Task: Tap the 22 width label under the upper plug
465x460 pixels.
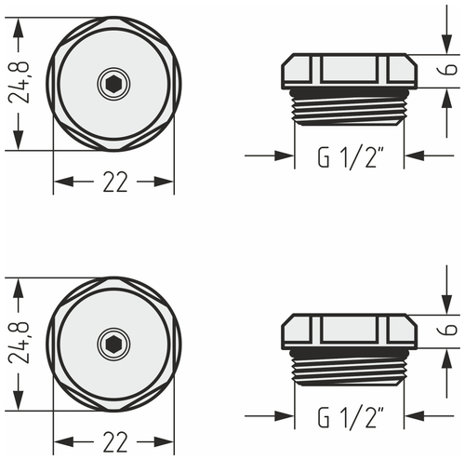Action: pyautogui.click(x=113, y=183)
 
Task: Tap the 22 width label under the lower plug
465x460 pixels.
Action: pyautogui.click(x=113, y=441)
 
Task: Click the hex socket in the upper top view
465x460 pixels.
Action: pyautogui.click(x=113, y=85)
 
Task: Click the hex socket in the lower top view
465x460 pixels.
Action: pyautogui.click(x=113, y=344)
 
